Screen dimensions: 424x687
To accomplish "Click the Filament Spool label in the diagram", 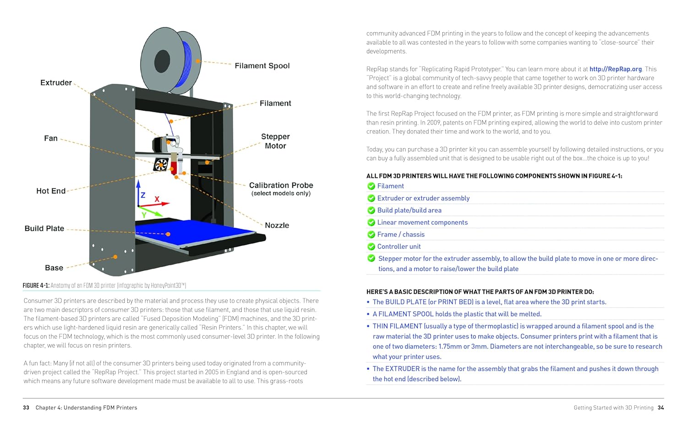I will click(x=262, y=66).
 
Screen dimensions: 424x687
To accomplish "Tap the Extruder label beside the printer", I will click(x=56, y=83).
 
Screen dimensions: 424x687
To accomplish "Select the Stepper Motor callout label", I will click(x=275, y=141).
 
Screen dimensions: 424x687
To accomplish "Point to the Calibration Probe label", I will click(x=281, y=186).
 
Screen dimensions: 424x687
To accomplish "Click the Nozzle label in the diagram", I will click(x=277, y=226).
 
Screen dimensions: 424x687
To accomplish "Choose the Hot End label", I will click(x=51, y=191).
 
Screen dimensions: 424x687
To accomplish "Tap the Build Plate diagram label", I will click(x=44, y=229).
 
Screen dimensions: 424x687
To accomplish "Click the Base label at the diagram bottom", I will click(x=54, y=268).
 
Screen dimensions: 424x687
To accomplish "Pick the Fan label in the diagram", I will click(x=51, y=138).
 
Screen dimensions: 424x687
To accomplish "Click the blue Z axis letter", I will click(x=143, y=195).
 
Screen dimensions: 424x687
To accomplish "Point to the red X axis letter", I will click(x=157, y=199).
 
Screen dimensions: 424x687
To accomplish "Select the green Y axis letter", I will click(x=144, y=215).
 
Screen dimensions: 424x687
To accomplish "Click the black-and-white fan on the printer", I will click(x=161, y=165).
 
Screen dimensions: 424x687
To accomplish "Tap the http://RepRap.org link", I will click(x=615, y=69).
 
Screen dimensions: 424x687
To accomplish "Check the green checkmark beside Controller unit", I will click(x=371, y=247).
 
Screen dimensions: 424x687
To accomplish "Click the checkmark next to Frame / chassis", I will click(x=371, y=235).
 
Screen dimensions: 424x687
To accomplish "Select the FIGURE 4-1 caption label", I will click(x=36, y=286).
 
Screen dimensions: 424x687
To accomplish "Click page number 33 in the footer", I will click(x=26, y=407).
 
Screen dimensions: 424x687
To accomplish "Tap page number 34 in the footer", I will click(x=660, y=407).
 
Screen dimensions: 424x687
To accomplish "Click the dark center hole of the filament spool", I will click(x=162, y=61).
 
